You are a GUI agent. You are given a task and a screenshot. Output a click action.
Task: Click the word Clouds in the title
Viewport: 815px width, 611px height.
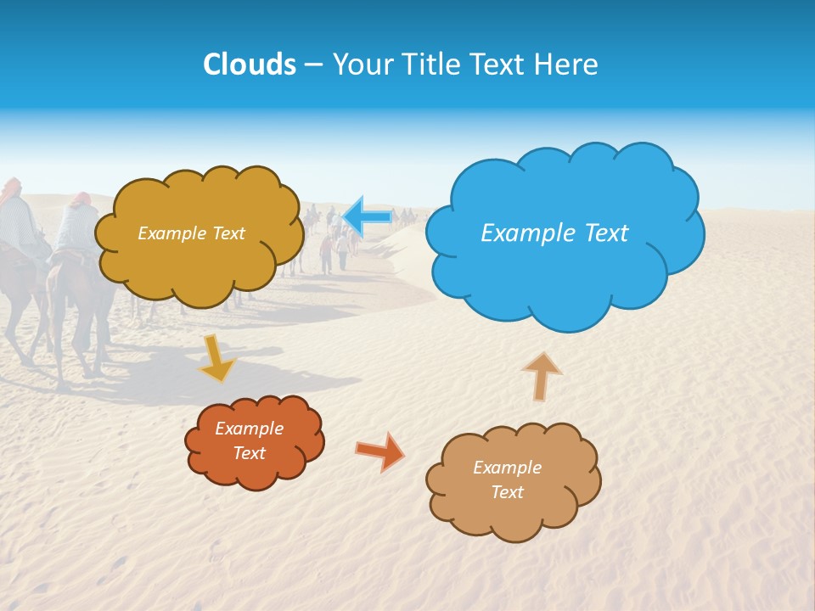[x=250, y=64]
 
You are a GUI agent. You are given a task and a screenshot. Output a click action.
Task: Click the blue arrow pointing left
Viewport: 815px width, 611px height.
[x=367, y=217]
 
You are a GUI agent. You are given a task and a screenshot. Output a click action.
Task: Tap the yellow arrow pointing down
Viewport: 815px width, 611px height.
[x=216, y=358]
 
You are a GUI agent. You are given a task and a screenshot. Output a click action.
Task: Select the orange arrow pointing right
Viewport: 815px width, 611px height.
[x=380, y=451]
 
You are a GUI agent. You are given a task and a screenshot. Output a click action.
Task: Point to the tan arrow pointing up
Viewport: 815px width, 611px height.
[x=541, y=375]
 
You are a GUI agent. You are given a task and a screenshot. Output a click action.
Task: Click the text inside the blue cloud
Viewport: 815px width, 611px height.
[x=554, y=233]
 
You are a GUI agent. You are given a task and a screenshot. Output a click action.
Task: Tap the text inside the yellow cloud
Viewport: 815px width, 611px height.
[x=191, y=233]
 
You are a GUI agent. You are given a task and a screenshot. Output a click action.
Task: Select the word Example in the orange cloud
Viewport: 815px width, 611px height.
[x=249, y=429]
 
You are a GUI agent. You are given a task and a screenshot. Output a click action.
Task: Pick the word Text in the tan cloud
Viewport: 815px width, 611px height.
[x=507, y=492]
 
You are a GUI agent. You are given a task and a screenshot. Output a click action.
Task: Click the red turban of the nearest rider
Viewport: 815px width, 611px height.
[x=80, y=199]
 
